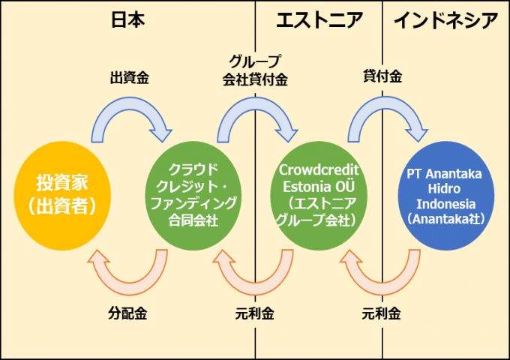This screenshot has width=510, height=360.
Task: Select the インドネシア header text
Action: coord(445,20)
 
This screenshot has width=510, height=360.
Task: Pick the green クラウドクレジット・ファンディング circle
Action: coord(193,193)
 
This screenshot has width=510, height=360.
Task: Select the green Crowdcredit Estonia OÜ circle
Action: coord(319,193)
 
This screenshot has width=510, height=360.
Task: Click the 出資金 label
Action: coord(128,77)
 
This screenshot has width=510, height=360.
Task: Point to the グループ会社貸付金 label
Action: coord(255,69)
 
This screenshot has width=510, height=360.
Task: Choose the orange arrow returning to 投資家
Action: coord(127,274)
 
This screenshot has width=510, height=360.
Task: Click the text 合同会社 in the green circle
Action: coord(193,220)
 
